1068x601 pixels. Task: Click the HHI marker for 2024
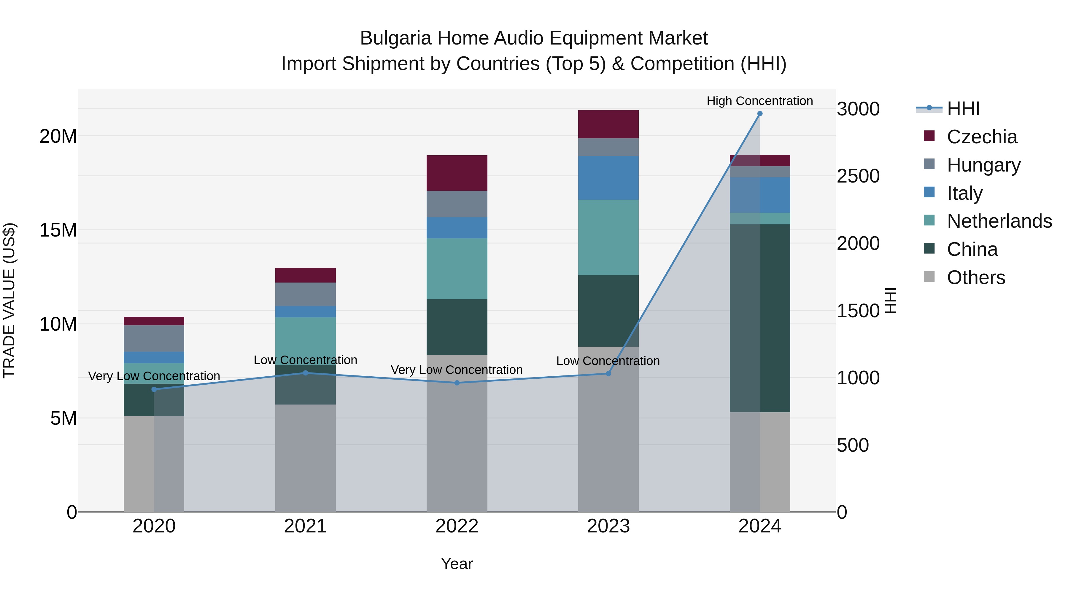click(759, 114)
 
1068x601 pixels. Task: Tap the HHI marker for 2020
click(154, 389)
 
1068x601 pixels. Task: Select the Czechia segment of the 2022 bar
click(457, 173)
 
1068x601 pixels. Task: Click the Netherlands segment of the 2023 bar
click(608, 237)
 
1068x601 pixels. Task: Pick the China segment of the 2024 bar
click(759, 318)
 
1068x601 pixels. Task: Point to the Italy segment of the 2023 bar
click(608, 178)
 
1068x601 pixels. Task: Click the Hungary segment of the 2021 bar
click(306, 294)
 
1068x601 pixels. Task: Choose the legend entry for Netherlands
click(999, 221)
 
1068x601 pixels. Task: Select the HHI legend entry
click(963, 109)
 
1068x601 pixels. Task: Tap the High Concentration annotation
click(759, 101)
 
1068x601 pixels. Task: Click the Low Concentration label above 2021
click(306, 360)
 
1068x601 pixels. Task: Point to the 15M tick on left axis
click(58, 230)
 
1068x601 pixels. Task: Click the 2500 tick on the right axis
click(858, 176)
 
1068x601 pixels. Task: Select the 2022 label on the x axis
click(457, 526)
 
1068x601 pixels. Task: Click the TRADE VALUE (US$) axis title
click(9, 300)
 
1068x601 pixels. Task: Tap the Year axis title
click(457, 564)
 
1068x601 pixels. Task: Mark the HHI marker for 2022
click(457, 383)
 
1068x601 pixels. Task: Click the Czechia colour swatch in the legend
click(929, 136)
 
